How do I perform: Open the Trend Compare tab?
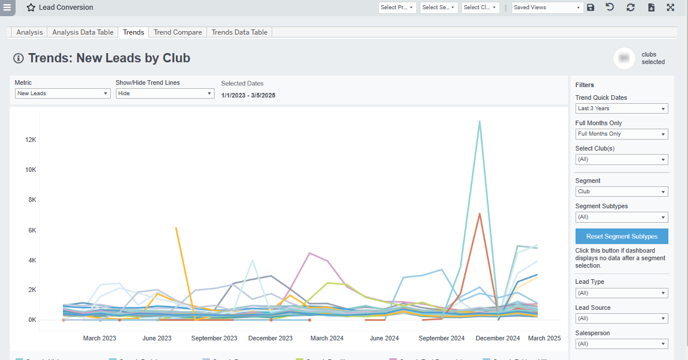tap(178, 32)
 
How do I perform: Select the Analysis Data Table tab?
tap(82, 32)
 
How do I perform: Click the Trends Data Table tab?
tap(239, 32)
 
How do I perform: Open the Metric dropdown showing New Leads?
tap(62, 93)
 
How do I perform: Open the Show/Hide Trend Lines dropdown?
tap(165, 93)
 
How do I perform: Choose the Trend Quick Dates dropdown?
tap(622, 108)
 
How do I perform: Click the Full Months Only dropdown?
tap(622, 134)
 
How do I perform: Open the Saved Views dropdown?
tap(548, 7)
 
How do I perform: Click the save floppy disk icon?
tap(591, 7)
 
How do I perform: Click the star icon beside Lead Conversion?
tap(31, 8)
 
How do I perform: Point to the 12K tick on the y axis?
tap(29, 140)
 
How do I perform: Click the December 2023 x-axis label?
tap(270, 338)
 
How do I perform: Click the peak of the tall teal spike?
tap(479, 122)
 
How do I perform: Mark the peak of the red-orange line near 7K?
tap(479, 214)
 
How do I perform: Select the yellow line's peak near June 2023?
tap(176, 228)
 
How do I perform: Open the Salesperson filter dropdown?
tap(622, 344)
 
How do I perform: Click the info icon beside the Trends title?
tap(18, 58)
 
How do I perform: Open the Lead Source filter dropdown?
tap(622, 318)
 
